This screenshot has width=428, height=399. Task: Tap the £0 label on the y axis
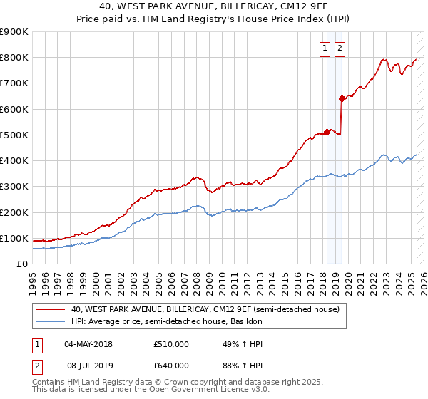tap(22, 264)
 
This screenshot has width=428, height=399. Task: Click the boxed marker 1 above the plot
tap(325, 48)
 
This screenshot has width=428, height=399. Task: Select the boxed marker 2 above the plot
tap(339, 48)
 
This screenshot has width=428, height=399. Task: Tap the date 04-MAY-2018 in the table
tap(88, 344)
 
